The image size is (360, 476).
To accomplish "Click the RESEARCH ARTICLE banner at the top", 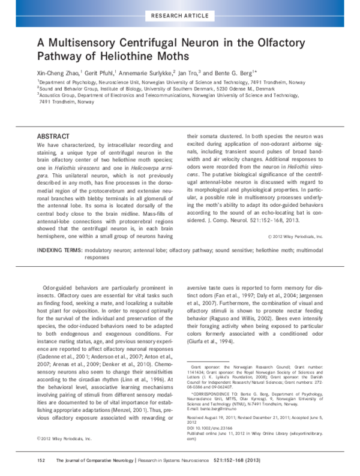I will tap(179, 14).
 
